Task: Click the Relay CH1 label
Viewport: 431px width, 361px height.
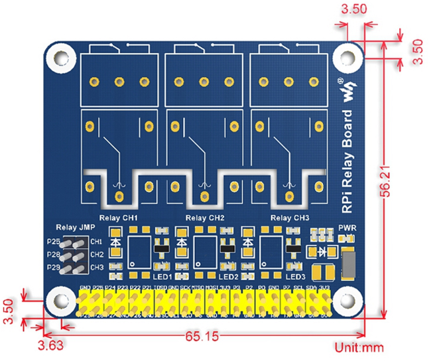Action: click(118, 218)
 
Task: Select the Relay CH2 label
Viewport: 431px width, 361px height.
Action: click(206, 218)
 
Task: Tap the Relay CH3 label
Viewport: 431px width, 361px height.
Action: click(290, 218)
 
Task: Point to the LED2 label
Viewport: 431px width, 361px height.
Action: click(228, 276)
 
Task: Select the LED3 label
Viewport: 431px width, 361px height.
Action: click(295, 276)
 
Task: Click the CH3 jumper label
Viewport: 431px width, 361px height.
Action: click(97, 267)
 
